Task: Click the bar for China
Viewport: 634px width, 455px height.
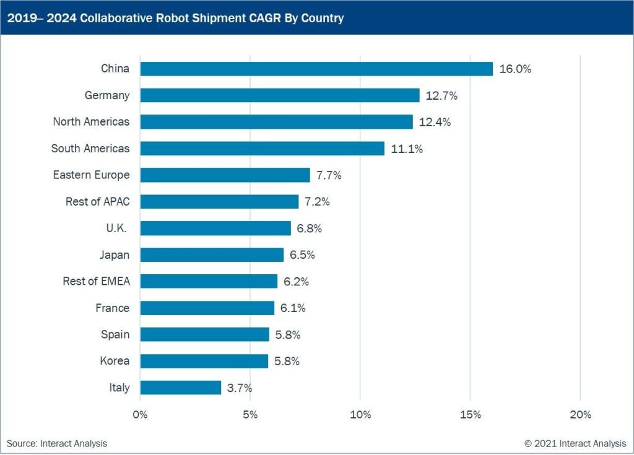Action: tap(316, 69)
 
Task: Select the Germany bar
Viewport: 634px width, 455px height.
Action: tap(280, 95)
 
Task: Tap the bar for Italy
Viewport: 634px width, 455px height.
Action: tap(181, 388)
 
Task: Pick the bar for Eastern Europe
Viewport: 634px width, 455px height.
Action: tap(225, 175)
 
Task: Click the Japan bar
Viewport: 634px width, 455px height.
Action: tap(212, 254)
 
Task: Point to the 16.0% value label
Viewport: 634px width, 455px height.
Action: tap(515, 69)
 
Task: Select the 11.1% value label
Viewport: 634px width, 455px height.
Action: tap(407, 149)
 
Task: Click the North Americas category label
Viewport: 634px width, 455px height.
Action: tap(91, 122)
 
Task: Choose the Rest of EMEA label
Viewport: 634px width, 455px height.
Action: tap(96, 281)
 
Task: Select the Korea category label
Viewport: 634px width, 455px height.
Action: tap(115, 361)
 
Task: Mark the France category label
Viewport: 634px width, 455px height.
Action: tap(112, 308)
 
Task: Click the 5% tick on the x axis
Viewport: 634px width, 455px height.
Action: tap(250, 415)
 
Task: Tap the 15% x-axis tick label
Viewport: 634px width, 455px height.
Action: tap(470, 415)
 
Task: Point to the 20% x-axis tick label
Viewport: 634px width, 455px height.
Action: tap(580, 415)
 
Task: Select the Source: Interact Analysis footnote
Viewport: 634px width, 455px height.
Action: tap(57, 443)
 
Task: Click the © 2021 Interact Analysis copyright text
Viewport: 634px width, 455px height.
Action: tap(575, 443)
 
